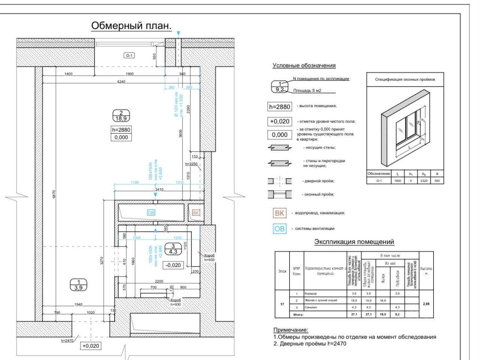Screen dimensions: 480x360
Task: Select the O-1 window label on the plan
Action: pos(129,55)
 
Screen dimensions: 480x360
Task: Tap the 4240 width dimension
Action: pos(121,81)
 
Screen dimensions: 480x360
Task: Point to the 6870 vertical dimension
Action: pos(54,194)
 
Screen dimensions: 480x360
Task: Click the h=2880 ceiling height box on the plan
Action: pos(121,130)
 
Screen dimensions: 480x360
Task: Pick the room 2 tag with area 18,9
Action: pos(121,116)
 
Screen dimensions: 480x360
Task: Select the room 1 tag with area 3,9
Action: pos(79,285)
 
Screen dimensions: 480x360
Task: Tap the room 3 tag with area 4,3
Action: pos(173,249)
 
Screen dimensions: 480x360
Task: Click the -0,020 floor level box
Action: pos(173,265)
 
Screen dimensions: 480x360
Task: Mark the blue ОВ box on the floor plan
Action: pos(151,213)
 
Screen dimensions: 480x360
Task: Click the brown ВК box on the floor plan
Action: pos(196,213)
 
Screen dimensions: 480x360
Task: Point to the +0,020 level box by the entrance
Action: pos(91,346)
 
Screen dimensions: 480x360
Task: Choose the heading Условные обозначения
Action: pos(304,66)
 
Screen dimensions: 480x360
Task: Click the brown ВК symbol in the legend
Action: pos(279,213)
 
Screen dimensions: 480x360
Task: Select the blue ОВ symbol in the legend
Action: pos(279,228)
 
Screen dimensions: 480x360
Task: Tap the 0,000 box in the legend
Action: pos(279,135)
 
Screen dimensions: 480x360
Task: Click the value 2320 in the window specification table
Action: pos(424,181)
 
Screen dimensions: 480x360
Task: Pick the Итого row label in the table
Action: pos(298,315)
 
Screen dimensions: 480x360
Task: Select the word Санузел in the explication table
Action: pos(311,307)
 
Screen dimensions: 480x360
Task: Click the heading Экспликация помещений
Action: pos(354,242)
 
